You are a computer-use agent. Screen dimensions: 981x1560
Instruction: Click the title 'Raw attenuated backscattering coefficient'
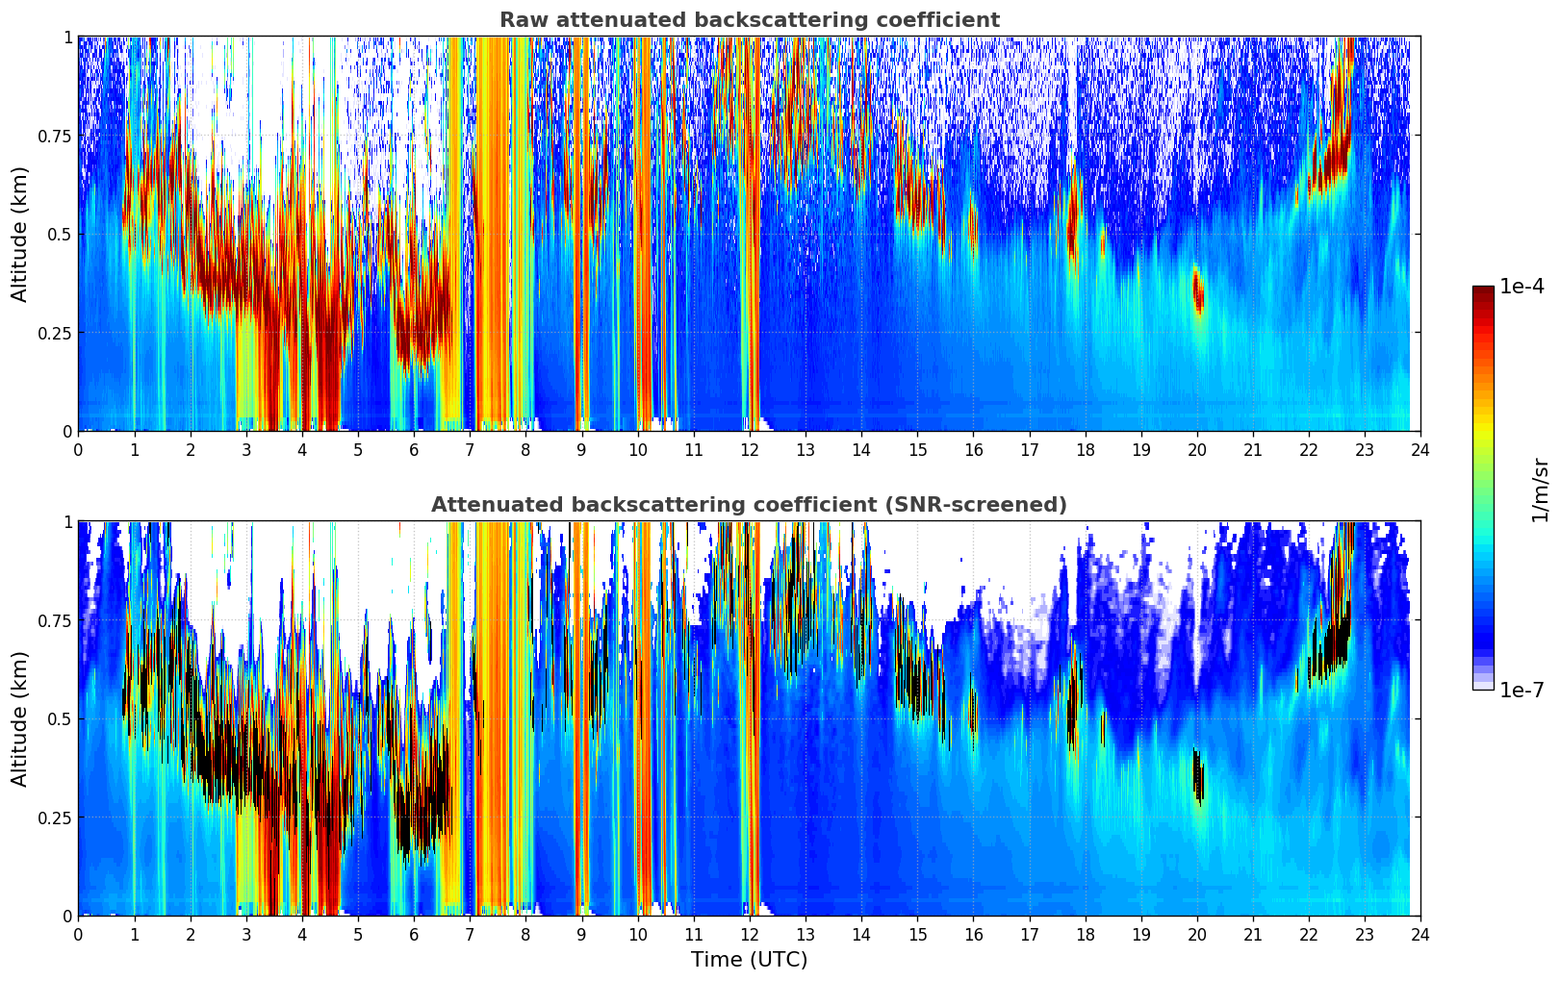pos(749,20)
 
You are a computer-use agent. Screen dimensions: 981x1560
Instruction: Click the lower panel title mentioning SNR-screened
pos(749,505)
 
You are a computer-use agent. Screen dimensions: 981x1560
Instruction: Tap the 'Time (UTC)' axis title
pos(749,960)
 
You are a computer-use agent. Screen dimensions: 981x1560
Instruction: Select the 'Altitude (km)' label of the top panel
pos(20,234)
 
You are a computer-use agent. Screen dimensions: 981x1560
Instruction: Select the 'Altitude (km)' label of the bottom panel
pos(20,718)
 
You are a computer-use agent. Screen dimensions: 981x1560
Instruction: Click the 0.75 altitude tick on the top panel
pos(53,136)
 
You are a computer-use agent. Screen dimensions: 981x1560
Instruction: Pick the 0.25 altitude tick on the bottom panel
pos(53,817)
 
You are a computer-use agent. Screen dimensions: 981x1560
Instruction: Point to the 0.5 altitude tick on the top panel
pos(60,235)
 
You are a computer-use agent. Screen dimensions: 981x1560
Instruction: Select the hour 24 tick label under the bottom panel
pos(1420,934)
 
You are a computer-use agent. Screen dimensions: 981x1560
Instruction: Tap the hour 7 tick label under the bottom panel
pos(470,934)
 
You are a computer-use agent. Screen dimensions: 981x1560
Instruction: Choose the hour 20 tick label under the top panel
pos(1197,449)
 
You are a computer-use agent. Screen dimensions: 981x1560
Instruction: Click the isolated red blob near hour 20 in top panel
pos(1198,290)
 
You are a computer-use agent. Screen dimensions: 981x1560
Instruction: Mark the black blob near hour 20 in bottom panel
pos(1198,775)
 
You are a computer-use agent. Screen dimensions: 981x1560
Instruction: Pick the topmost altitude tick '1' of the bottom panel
pos(67,522)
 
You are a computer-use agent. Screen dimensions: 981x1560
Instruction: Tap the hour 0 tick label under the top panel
pos(78,449)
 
